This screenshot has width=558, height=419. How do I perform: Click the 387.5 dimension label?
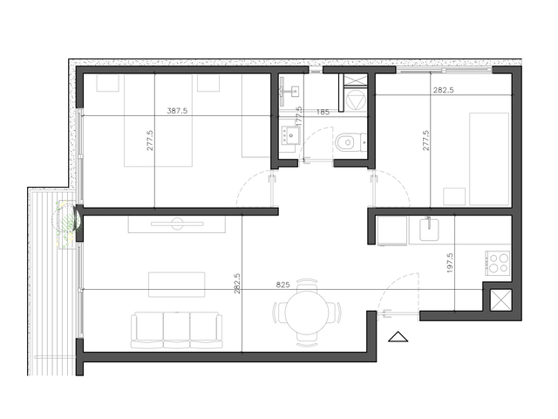tap(177, 111)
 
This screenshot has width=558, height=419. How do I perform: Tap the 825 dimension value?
tap(282, 285)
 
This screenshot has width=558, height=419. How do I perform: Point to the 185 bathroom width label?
tap(323, 112)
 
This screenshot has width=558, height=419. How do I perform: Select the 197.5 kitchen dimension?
tap(450, 263)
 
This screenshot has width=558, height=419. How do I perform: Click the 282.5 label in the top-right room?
tap(444, 90)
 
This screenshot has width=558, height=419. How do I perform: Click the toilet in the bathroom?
tap(350, 142)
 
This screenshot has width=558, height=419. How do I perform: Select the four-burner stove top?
tap(498, 264)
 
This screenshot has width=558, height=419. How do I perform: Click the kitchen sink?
tap(429, 229)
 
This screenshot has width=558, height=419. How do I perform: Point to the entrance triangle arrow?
tap(398, 337)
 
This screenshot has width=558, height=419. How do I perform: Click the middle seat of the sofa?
tap(177, 330)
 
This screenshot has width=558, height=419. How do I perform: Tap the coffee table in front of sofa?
tap(177, 285)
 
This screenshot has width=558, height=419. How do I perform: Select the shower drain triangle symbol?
tap(354, 100)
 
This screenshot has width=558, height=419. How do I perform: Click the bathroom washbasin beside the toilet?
tap(290, 136)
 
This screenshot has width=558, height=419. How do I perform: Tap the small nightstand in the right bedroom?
tap(454, 196)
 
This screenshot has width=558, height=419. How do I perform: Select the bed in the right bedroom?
tap(489, 159)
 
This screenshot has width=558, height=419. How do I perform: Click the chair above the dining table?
tap(307, 284)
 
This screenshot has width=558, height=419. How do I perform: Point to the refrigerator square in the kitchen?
tap(391, 230)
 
